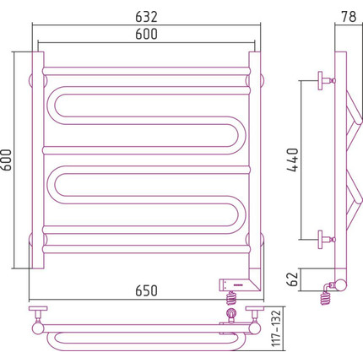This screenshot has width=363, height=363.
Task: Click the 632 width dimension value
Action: pos(146,17)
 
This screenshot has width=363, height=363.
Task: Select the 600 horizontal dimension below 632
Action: pos(146,34)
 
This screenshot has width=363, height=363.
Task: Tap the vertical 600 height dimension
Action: pos(6,160)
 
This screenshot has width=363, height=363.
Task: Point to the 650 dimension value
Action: pos(146,290)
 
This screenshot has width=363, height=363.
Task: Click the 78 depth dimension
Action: pos(349,17)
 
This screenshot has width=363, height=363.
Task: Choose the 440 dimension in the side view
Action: pos(292,160)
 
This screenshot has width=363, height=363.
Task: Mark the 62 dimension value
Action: pos(294,279)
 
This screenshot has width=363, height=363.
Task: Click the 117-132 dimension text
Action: pos(277,328)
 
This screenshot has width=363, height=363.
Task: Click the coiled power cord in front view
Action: pos(231,298)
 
